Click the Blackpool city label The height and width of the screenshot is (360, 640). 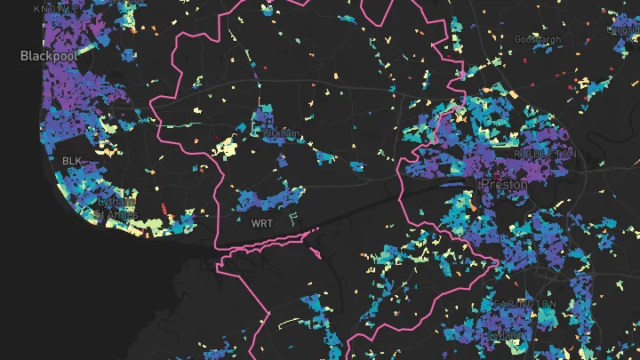[x=49, y=54]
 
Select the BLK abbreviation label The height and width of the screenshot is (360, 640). [x=71, y=160]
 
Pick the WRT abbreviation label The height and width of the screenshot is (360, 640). [x=262, y=222]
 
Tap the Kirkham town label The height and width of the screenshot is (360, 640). [x=283, y=133]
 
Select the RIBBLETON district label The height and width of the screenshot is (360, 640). [x=546, y=154]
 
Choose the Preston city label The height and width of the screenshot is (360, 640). [x=504, y=184]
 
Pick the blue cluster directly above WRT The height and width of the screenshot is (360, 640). [x=267, y=197]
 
